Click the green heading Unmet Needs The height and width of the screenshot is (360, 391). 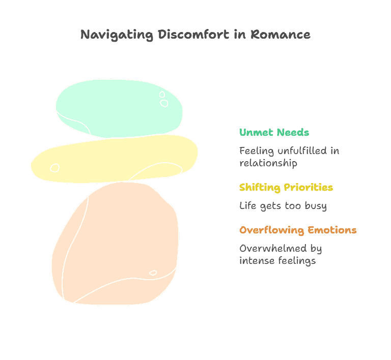(x=274, y=133)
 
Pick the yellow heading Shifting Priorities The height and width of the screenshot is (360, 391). (x=286, y=188)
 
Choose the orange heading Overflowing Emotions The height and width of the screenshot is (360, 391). (x=298, y=230)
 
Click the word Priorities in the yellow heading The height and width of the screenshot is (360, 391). (x=309, y=188)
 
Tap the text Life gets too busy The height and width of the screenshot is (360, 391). (x=283, y=206)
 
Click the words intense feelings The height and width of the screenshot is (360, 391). (x=277, y=261)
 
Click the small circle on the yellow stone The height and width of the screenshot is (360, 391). (x=55, y=168)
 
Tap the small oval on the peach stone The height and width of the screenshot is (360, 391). (x=153, y=273)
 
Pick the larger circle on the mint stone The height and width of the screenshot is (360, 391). (x=164, y=103)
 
